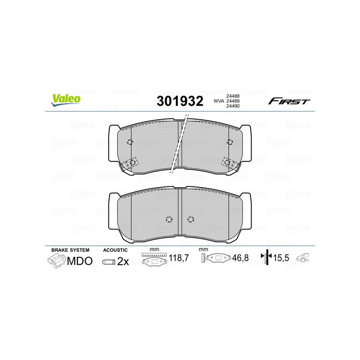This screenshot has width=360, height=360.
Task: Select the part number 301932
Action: coord(179,101)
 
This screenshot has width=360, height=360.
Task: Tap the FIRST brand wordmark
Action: coord(289,101)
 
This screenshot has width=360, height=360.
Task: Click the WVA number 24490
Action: coord(233,107)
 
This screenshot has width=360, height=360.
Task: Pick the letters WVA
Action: coord(219,101)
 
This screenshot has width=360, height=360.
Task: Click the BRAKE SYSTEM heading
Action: coord(70,250)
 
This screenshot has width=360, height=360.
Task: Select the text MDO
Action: coord(80,261)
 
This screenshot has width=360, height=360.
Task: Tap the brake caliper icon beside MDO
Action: coord(56,261)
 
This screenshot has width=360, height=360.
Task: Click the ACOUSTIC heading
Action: coord(116,250)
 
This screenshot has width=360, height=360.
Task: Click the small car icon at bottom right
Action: coord(306,258)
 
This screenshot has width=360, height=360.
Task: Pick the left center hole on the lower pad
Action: coord(169,220)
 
